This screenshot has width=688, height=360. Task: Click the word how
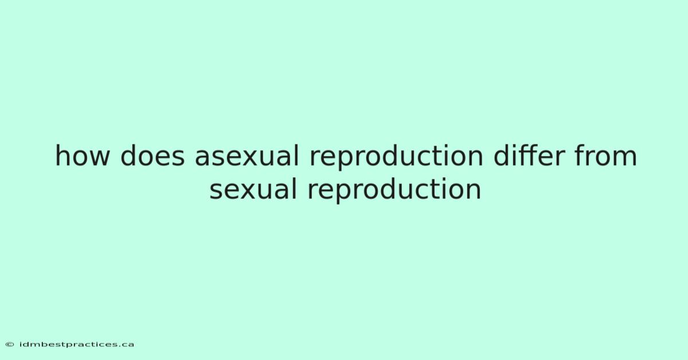[83, 155]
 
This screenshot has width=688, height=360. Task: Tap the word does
[153, 155]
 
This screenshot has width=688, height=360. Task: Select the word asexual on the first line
[247, 155]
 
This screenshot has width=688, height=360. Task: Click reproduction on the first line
[396, 157]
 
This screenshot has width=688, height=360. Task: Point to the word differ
[529, 155]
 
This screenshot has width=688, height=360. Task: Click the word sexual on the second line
[253, 189]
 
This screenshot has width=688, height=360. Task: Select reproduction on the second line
[394, 191]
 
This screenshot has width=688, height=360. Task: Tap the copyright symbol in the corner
[10, 345]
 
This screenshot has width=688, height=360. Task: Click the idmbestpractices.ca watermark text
[76, 345]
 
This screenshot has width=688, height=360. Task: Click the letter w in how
[98, 158]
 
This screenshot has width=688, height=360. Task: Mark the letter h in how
[62, 155]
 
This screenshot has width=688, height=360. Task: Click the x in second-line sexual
[246, 191]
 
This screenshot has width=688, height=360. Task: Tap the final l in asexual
[296, 155]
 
